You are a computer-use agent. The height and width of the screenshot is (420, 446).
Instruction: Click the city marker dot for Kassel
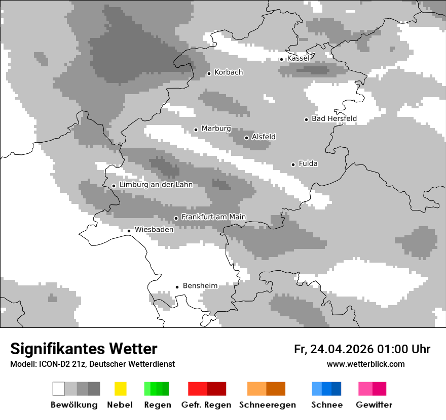click(x=281, y=59)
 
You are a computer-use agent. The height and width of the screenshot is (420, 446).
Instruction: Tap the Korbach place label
click(x=229, y=72)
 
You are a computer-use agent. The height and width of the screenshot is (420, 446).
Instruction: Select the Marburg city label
click(x=216, y=129)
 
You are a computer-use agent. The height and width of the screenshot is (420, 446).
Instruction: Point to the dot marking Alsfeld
click(x=246, y=138)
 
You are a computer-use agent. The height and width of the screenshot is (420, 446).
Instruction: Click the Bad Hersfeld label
click(x=334, y=119)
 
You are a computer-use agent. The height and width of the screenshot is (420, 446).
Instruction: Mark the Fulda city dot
click(x=293, y=164)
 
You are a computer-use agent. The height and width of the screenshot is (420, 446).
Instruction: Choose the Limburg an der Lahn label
click(x=156, y=185)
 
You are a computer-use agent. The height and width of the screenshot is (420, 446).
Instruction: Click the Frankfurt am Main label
click(x=213, y=217)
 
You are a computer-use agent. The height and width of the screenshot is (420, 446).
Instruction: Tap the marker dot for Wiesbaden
click(x=129, y=231)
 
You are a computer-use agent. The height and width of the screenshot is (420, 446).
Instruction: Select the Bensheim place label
click(x=200, y=286)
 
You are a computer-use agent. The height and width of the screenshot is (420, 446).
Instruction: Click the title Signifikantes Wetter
click(x=84, y=349)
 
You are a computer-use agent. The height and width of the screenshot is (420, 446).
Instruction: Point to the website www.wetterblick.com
click(x=365, y=364)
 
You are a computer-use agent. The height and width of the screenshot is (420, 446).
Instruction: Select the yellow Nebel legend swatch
click(x=120, y=389)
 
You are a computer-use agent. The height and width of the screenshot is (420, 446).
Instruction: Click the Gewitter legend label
click(x=374, y=405)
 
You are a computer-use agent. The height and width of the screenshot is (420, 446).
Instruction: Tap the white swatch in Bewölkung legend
click(x=58, y=389)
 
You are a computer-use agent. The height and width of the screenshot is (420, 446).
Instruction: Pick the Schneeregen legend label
click(x=267, y=405)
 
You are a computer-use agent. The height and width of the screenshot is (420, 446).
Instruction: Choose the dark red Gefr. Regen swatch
click(x=216, y=389)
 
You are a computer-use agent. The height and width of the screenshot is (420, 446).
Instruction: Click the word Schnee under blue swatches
click(x=327, y=405)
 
